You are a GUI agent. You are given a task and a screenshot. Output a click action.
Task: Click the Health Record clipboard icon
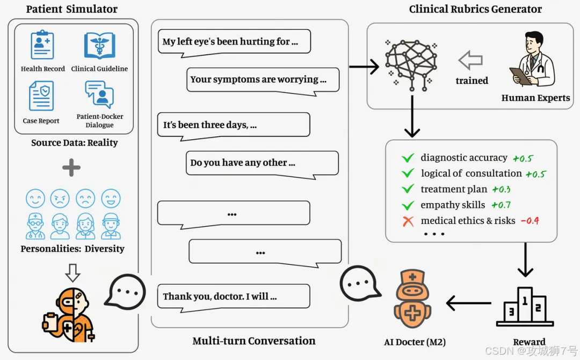(42, 45)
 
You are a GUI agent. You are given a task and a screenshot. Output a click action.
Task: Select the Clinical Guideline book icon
(99, 46)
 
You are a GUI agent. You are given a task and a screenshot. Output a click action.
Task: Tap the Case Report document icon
(41, 96)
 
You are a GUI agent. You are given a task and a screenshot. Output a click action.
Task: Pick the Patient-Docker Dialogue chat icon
(99, 94)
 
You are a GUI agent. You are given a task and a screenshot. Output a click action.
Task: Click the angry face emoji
(60, 199)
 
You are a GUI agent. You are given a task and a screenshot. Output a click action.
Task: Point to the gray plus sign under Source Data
(71, 168)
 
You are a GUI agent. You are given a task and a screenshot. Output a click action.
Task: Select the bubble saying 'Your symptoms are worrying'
(263, 81)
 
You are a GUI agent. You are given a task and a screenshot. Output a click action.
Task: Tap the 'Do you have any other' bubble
(262, 164)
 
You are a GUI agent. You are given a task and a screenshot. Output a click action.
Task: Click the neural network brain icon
(411, 65)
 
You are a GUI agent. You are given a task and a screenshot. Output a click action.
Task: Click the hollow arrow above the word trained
(470, 60)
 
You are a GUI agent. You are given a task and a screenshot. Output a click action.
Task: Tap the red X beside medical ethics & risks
(408, 221)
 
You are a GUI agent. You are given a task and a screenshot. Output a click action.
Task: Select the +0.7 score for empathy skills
(501, 205)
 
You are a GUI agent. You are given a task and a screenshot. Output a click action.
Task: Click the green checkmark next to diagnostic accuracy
(408, 158)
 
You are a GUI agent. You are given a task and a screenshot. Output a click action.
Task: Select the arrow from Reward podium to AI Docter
(469, 304)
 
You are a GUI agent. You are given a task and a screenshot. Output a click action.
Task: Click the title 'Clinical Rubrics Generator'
(475, 9)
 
